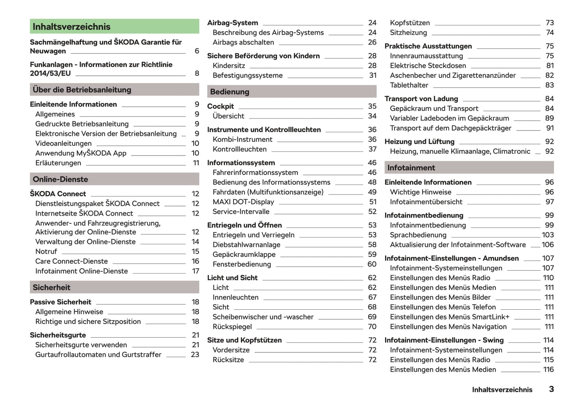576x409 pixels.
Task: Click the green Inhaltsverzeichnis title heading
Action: (72, 27)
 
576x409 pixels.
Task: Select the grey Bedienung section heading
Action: (230, 92)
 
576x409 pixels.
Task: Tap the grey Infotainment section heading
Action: (411, 168)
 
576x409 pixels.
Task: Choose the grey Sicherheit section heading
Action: (51, 287)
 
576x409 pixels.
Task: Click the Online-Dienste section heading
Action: (60, 179)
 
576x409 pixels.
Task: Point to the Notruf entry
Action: (46, 252)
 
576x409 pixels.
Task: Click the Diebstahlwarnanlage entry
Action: (246, 245)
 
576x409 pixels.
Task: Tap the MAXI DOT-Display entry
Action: (243, 202)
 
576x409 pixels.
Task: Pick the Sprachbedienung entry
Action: (418, 235)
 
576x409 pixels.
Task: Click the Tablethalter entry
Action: (409, 85)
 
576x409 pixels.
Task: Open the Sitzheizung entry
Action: (408, 33)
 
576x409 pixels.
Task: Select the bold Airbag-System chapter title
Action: (232, 23)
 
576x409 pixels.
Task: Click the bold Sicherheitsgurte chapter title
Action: (58, 335)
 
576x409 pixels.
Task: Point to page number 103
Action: (548, 235)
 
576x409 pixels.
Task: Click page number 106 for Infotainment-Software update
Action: (548, 245)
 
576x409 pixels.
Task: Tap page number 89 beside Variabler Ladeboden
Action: (549, 118)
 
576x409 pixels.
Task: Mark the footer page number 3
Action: (551, 389)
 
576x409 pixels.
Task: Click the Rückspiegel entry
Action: (232, 327)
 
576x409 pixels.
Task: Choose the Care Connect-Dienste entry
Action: (71, 262)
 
